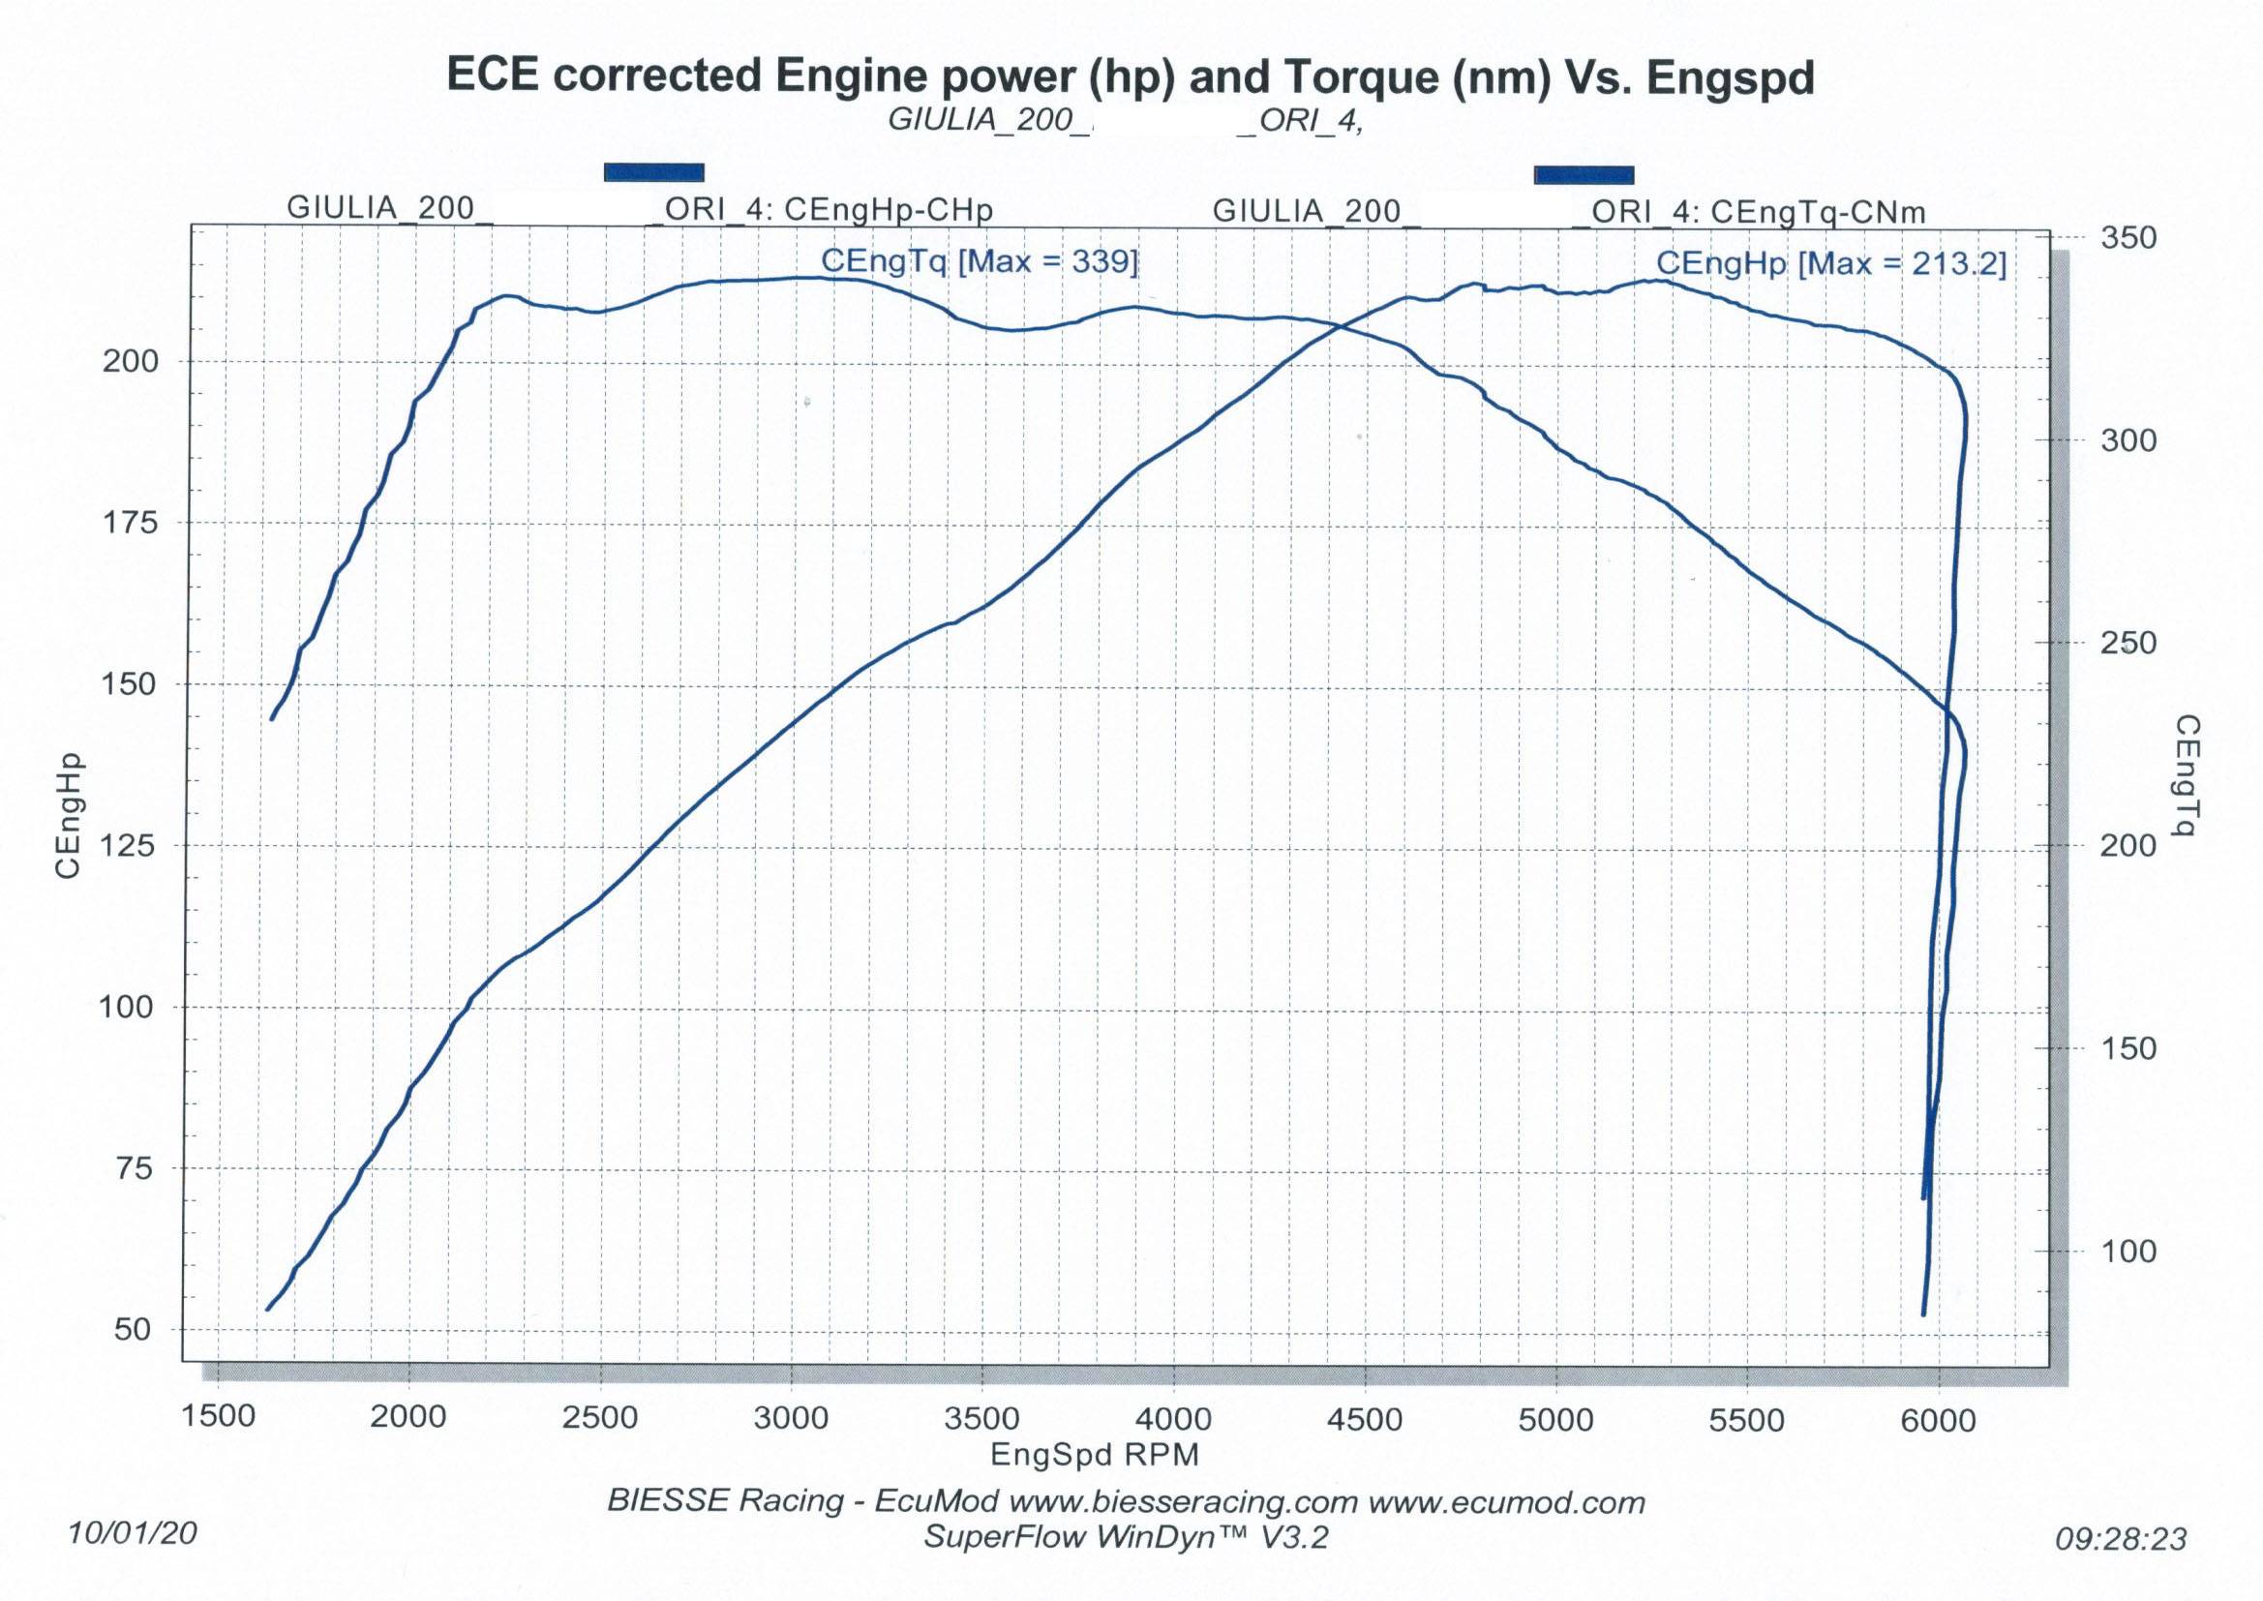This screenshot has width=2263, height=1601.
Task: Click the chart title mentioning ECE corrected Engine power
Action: pos(1130,76)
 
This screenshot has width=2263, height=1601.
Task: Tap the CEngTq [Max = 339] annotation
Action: pos(979,261)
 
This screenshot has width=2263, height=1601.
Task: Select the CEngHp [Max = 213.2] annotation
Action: pos(1830,263)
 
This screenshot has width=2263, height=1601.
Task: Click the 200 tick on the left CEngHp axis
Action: pos(130,361)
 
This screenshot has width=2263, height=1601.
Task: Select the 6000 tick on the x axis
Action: pos(1939,1421)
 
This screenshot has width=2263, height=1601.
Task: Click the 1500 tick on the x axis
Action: pos(218,1416)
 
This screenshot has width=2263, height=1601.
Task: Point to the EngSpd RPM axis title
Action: pos(1094,1454)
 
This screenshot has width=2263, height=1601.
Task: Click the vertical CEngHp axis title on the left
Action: pos(68,815)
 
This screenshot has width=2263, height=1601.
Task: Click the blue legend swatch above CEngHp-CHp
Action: pos(653,172)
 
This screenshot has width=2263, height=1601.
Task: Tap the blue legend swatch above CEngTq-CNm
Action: pos(1583,175)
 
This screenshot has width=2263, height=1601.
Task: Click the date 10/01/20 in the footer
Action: pos(132,1532)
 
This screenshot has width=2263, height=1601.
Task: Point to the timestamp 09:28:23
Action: pos(2120,1538)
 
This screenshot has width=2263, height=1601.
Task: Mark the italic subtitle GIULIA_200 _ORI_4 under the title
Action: pos(1125,120)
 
